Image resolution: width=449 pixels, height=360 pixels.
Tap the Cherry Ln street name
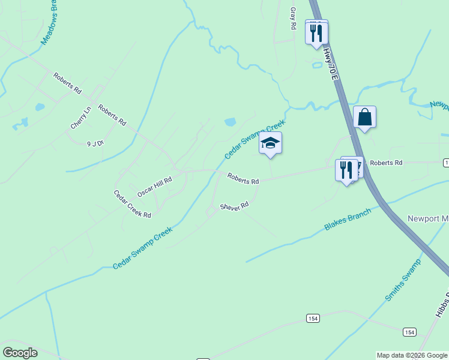tap(80, 118)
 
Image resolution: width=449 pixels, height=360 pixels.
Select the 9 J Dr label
tap(95, 144)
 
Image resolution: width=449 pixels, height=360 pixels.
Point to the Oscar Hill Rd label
tap(154, 187)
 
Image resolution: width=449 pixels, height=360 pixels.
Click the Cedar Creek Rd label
tap(132, 204)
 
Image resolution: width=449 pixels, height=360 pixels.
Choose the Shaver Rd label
tap(234, 206)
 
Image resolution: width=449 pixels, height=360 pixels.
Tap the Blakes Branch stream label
tap(348, 219)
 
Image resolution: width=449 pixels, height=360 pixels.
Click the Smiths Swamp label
tap(403, 280)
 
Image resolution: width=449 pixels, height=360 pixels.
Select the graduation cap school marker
tap(270, 143)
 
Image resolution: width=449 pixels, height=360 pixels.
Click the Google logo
tap(20, 353)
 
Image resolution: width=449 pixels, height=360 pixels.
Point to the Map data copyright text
tap(412, 356)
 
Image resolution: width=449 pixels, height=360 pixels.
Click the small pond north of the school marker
tap(230, 122)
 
